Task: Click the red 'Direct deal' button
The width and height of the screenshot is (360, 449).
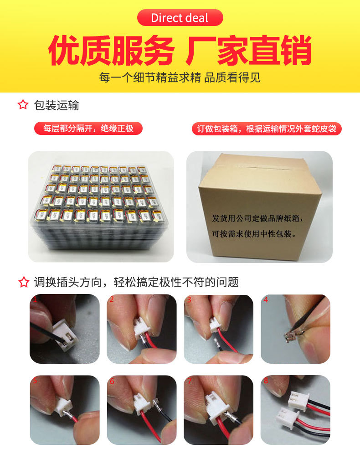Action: (x=180, y=18)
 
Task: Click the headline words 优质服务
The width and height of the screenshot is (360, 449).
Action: (x=111, y=50)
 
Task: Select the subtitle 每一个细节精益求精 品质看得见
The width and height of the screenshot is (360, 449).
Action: (x=180, y=77)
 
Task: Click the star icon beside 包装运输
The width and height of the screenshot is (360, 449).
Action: (x=23, y=105)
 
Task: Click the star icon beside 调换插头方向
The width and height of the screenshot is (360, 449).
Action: (x=23, y=282)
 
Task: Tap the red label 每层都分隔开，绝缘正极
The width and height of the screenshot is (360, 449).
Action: (x=88, y=129)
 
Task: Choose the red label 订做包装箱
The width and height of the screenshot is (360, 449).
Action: (x=266, y=129)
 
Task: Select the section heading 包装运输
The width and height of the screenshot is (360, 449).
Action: (x=57, y=105)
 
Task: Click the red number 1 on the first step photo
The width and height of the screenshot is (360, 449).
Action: (x=34, y=299)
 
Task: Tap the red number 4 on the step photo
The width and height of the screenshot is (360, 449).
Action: (x=266, y=300)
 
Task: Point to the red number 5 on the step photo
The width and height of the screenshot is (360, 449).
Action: (x=35, y=381)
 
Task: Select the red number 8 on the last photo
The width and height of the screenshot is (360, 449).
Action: (x=266, y=381)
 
